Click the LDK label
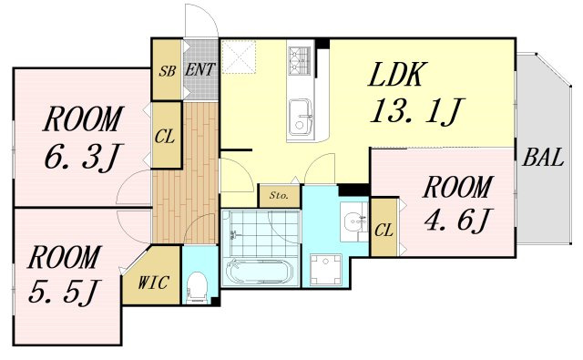tap(395, 75)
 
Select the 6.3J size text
tap(83, 157)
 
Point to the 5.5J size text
tap(65, 292)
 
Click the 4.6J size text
tap(459, 221)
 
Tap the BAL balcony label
tap(543, 158)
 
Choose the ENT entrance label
tap(200, 69)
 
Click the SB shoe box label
tap(167, 71)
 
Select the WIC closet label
tap(153, 283)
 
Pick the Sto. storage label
tap(279, 195)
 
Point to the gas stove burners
tap(299, 61)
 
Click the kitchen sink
tap(300, 115)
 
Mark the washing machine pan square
tap(326, 269)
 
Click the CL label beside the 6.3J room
tap(165, 137)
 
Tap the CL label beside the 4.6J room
tap(384, 231)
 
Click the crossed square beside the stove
tap(239, 57)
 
